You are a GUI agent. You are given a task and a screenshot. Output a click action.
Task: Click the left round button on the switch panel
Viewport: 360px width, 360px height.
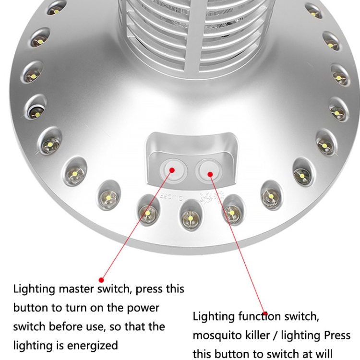click(173, 171)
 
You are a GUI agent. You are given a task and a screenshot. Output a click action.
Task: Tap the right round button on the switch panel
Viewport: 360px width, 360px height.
click(209, 171)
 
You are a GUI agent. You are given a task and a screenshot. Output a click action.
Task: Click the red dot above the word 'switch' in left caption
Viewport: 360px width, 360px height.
click(101, 280)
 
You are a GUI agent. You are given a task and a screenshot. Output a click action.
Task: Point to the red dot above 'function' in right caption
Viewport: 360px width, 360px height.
click(265, 313)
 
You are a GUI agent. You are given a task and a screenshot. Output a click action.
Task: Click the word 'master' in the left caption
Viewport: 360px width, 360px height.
click(76, 289)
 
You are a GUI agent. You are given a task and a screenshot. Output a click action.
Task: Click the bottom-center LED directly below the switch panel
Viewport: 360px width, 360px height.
click(191, 216)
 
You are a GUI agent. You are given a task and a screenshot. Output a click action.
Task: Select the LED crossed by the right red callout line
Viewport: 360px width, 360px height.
click(233, 211)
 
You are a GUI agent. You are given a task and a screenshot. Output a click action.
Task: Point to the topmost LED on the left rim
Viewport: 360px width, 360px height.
click(56, 9)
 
